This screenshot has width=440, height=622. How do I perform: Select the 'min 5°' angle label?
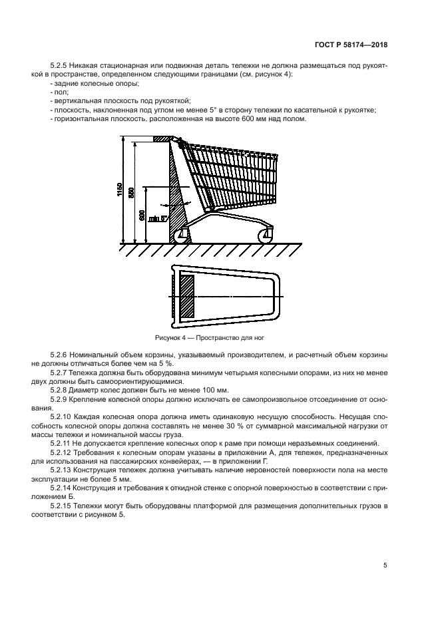pyautogui.click(x=156, y=218)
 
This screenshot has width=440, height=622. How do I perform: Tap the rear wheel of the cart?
pyautogui.click(x=180, y=235)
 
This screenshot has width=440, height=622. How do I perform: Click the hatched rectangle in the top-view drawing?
pyautogui.click(x=187, y=296)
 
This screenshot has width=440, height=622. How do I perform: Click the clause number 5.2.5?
pyautogui.click(x=61, y=67)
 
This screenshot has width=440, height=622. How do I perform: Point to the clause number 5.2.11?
pyautogui.click(x=63, y=442)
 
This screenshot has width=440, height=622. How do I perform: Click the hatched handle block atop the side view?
pyautogui.click(x=163, y=139)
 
